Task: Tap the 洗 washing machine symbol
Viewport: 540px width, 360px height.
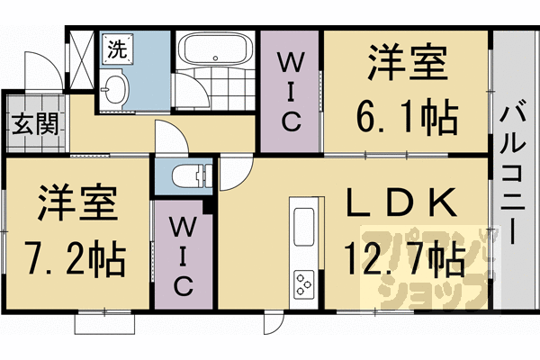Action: (x=117, y=50)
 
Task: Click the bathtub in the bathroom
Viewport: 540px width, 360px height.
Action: (x=217, y=50)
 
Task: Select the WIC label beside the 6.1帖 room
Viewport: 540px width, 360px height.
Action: (x=289, y=90)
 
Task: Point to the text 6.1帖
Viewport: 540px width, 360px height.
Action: (x=407, y=114)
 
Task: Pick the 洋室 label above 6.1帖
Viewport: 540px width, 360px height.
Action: (x=407, y=66)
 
